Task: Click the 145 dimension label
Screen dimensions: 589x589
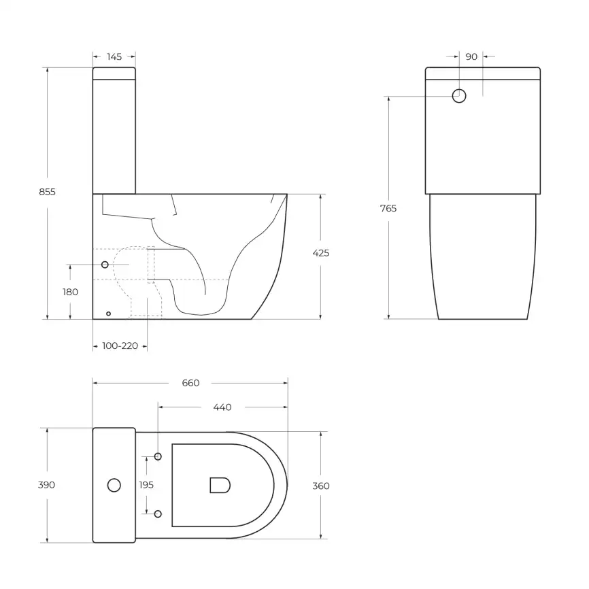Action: coord(114,56)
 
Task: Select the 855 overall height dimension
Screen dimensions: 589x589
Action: coord(47,192)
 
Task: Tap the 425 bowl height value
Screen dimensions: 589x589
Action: coord(320,253)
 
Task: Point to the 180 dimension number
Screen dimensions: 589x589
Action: coord(70,292)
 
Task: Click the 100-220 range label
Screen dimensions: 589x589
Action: coord(120,346)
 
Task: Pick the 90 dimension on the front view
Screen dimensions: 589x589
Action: coord(471,56)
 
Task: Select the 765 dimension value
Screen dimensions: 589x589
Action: coord(388,208)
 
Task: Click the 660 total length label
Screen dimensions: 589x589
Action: coord(190,383)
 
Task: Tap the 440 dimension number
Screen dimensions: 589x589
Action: coord(222,407)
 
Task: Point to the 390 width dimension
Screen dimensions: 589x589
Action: coord(47,485)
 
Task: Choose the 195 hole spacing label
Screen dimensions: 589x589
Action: coord(146,485)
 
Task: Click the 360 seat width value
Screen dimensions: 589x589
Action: coord(320,486)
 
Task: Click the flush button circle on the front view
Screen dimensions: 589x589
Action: coord(459,96)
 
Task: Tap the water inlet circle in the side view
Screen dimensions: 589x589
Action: coord(105,264)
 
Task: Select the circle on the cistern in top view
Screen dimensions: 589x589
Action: coord(114,485)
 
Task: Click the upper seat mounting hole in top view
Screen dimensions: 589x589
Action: coord(158,456)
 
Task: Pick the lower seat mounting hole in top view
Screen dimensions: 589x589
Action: coord(158,514)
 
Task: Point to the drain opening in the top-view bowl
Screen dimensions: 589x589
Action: coord(219,485)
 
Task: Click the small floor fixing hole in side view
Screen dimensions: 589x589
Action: coord(108,314)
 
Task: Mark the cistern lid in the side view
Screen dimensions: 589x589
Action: coord(114,73)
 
